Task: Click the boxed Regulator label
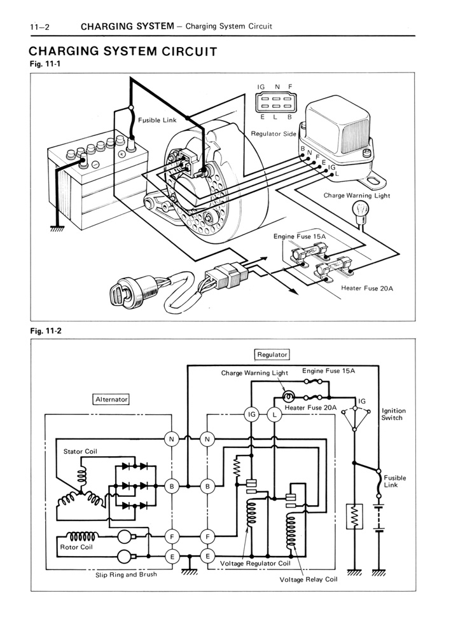[272, 355]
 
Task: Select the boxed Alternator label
[111, 400]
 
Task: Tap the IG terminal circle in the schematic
[252, 414]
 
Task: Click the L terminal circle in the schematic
[274, 414]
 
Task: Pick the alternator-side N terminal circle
[172, 439]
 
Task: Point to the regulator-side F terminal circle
[207, 537]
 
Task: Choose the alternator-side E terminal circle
[172, 556]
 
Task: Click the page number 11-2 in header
[39, 27]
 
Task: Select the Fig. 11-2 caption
[46, 331]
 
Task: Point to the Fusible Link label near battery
[157, 121]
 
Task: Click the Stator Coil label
[80, 452]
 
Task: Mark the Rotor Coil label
[76, 547]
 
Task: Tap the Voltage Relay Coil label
[309, 580]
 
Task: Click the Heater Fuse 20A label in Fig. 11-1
[367, 288]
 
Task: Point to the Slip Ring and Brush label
[126, 575]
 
